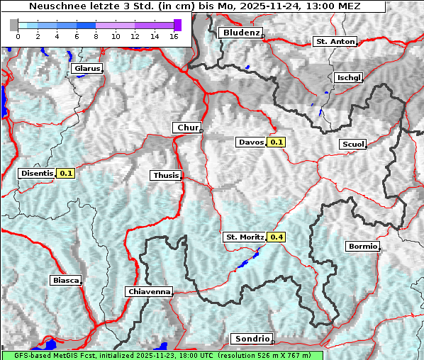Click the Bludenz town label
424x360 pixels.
tap(240, 33)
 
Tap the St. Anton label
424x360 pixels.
tap(334, 42)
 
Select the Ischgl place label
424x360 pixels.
tap(348, 77)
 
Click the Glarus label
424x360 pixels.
tap(87, 69)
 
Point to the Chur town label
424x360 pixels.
tap(187, 128)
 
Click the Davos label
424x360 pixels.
tap(251, 142)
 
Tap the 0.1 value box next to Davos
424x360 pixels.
tap(277, 142)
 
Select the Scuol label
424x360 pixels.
tap(352, 145)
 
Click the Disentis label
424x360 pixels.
tap(37, 173)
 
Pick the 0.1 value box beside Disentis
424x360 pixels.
tap(66, 173)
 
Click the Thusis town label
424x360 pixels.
tap(166, 176)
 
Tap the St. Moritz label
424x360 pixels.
tap(244, 237)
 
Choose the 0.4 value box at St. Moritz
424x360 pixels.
tap(277, 237)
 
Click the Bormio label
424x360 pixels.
tap(362, 247)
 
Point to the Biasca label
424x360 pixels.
tap(65, 281)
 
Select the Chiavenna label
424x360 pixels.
tap(149, 291)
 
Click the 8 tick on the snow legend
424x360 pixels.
tap(96, 35)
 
